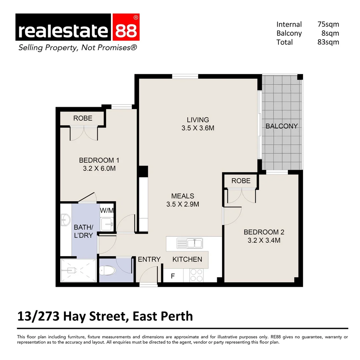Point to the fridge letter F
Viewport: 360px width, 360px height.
[173, 276]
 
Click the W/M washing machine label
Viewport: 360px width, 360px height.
[107, 211]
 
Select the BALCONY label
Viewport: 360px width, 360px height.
[282, 126]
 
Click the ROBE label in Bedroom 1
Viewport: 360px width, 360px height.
[83, 118]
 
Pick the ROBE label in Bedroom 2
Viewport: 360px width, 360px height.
[241, 181]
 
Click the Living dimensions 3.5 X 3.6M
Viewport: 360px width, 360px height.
[198, 128]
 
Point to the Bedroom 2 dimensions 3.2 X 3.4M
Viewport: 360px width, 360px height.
[264, 240]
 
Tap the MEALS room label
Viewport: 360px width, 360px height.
[183, 196]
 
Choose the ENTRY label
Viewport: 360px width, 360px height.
[149, 259]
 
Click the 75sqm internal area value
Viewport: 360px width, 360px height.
[328, 24]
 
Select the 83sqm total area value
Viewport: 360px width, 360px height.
[328, 42]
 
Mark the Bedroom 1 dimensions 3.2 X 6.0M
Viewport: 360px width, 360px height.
[99, 169]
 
